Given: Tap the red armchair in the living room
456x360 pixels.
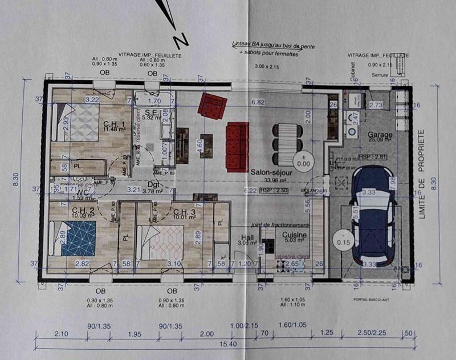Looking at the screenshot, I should pos(212,106).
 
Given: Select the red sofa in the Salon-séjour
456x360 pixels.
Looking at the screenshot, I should pos(238,146).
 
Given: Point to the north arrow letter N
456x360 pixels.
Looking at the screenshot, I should pos(181,41).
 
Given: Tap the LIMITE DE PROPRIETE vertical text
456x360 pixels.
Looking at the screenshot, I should pos(422,174).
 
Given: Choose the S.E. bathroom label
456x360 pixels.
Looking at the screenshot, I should pos(151,112).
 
